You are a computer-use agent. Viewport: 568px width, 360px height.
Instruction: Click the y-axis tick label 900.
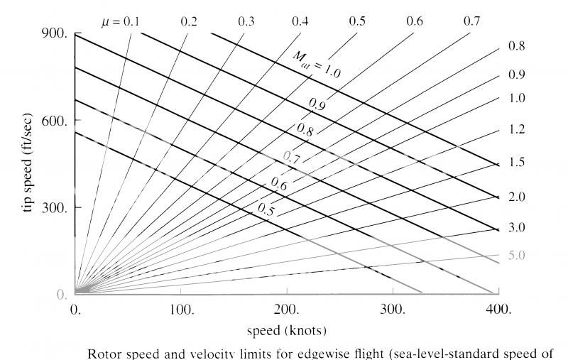tap(55, 33)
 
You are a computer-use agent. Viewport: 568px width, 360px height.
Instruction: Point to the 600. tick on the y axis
tap(55, 121)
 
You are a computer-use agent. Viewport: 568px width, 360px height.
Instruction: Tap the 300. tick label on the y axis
tap(55, 208)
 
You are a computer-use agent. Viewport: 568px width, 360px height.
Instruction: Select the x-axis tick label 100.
tap(182, 310)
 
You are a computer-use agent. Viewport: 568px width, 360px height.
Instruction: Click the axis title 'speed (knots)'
tap(287, 331)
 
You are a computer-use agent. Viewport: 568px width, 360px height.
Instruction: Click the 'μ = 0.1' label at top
tap(120, 21)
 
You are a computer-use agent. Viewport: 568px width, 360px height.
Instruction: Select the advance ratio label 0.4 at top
tap(300, 21)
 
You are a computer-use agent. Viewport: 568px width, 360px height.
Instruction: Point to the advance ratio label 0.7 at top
tap(472, 21)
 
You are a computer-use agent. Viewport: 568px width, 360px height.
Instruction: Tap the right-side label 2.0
tap(517, 196)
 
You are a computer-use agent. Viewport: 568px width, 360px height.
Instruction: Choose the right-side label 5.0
tap(517, 255)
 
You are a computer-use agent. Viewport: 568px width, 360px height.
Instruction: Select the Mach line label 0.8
tap(305, 129)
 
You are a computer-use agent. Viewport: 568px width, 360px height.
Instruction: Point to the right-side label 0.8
tap(517, 47)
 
